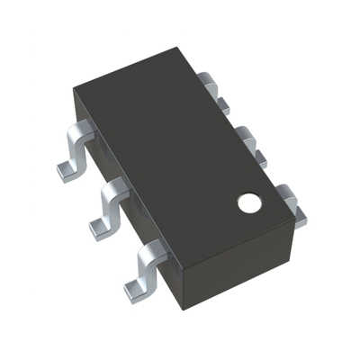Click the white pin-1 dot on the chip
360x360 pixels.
pos(248,203)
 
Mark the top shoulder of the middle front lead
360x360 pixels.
pos(117,190)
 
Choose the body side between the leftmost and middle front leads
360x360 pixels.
pos(99,171)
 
